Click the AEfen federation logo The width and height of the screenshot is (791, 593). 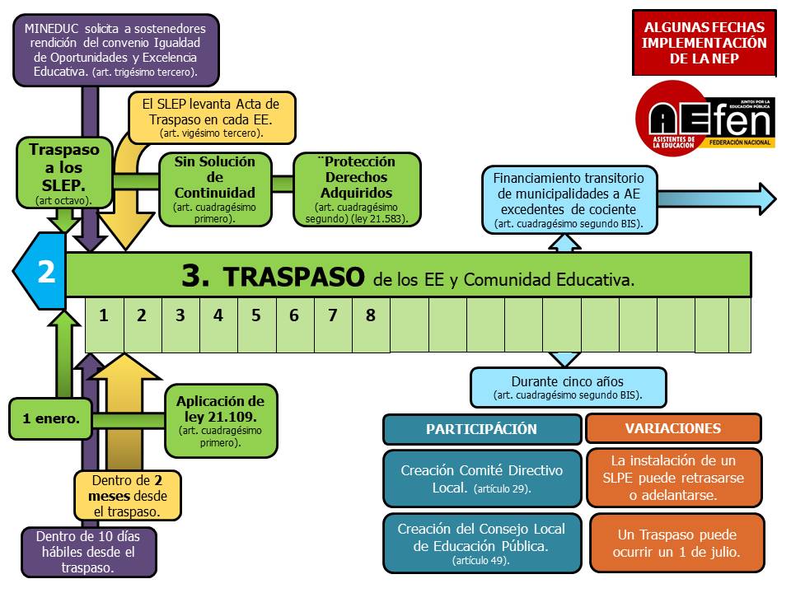click(x=704, y=118)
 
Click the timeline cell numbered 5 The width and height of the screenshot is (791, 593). click(x=256, y=316)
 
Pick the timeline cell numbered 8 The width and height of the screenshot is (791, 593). click(x=370, y=316)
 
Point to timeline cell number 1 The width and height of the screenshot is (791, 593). click(x=104, y=316)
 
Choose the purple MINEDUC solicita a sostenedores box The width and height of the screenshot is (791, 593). click(x=115, y=49)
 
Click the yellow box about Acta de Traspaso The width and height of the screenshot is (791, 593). click(x=211, y=115)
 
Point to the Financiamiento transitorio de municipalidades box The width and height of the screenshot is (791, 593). click(x=574, y=199)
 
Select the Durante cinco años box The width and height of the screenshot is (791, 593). click(x=567, y=387)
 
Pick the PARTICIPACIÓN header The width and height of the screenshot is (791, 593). click(x=481, y=429)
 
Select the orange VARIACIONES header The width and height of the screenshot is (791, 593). click(x=672, y=429)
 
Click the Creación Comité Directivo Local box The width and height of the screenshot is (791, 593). click(x=481, y=478)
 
